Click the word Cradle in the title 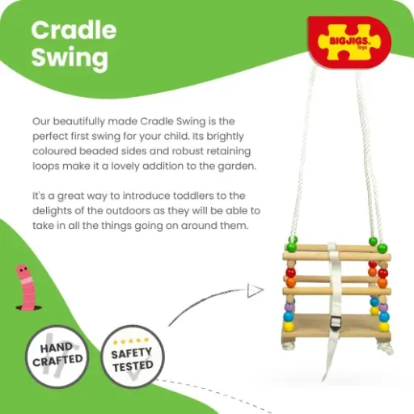(x=74, y=31)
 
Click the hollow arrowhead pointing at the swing (x=256, y=289)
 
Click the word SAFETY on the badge (x=133, y=353)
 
